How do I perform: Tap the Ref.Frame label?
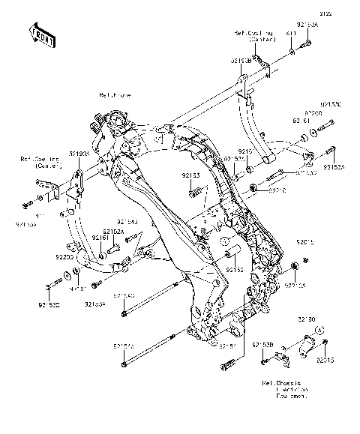[113, 96]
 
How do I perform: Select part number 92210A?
[295, 286]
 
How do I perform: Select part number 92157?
[228, 346]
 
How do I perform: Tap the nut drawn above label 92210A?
[294, 267]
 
